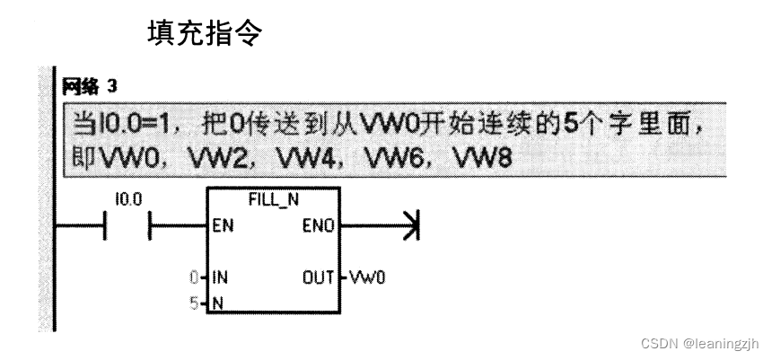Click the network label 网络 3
pyautogui.click(x=90, y=87)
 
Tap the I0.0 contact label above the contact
pyautogui.click(x=128, y=199)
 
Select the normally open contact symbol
pyautogui.click(x=128, y=226)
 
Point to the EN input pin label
pyautogui.click(x=224, y=226)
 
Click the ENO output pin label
pyautogui.click(x=320, y=226)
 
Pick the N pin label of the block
pyautogui.click(x=216, y=304)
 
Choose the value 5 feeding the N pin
pyautogui.click(x=196, y=304)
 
